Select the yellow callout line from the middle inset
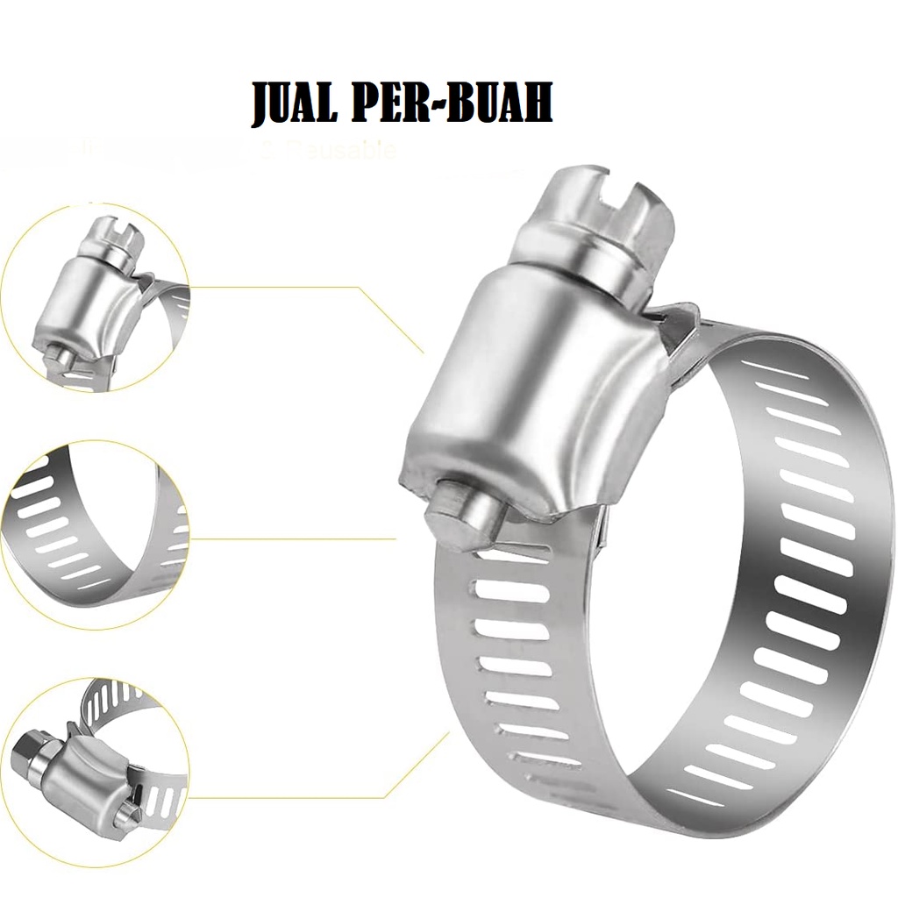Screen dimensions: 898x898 289,538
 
